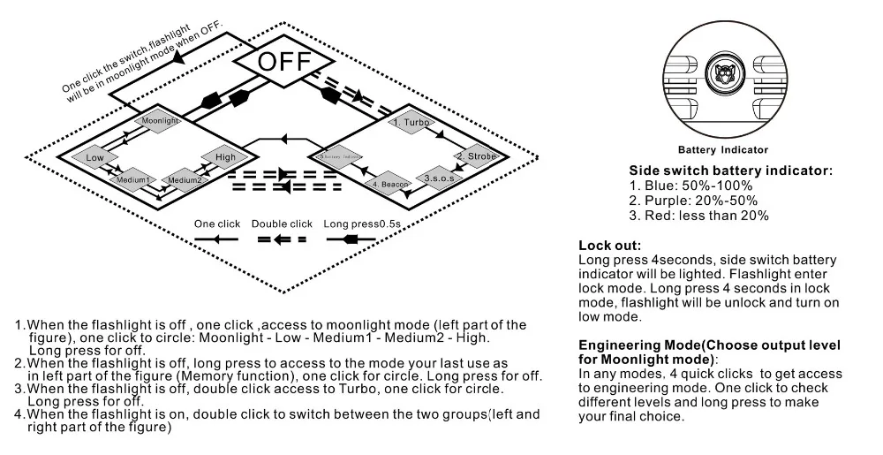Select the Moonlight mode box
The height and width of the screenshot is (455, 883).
(x=159, y=120)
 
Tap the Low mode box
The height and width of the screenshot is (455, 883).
(x=95, y=157)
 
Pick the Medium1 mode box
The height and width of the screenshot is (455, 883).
(x=132, y=180)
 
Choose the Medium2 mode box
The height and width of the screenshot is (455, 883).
(x=186, y=180)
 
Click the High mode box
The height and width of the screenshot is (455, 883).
(x=219, y=157)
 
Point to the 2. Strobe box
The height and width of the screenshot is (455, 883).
(x=475, y=156)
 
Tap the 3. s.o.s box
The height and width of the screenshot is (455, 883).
(x=439, y=178)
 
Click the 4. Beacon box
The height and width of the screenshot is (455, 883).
(x=389, y=184)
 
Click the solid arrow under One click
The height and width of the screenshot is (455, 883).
(x=216, y=239)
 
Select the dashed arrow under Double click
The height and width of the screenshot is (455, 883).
(x=281, y=239)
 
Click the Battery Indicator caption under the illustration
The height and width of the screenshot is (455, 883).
(x=723, y=150)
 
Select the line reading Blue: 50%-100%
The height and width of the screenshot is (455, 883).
(x=690, y=186)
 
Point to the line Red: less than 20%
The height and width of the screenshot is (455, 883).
(x=698, y=216)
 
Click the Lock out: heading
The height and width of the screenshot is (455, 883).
(x=609, y=245)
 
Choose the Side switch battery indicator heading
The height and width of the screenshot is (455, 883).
(x=730, y=171)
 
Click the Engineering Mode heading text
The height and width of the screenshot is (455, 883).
(x=709, y=352)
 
